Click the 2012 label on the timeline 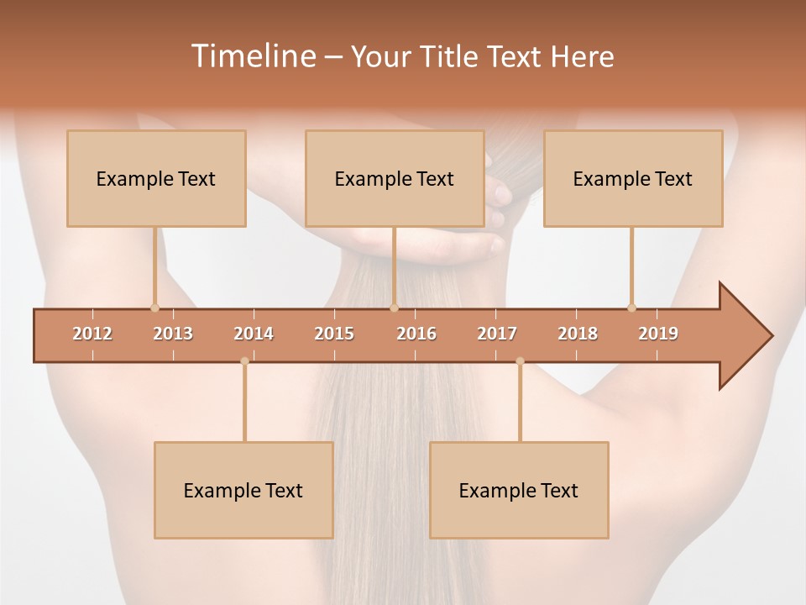[x=92, y=334]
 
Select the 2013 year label [x=173, y=334]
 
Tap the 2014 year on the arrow [x=254, y=334]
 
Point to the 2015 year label [x=334, y=334]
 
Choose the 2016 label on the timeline [x=416, y=334]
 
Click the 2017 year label [x=497, y=334]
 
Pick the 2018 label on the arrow [x=578, y=334]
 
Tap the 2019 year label [x=658, y=334]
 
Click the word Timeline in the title [x=252, y=56]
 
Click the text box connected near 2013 [x=156, y=178]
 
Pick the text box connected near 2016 [x=395, y=178]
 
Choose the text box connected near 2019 [x=633, y=178]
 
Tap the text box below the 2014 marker [x=243, y=490]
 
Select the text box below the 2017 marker [x=519, y=490]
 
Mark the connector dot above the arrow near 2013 [x=154, y=308]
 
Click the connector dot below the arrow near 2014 [x=244, y=361]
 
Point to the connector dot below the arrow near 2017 [x=520, y=361]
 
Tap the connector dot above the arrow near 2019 [x=631, y=308]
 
